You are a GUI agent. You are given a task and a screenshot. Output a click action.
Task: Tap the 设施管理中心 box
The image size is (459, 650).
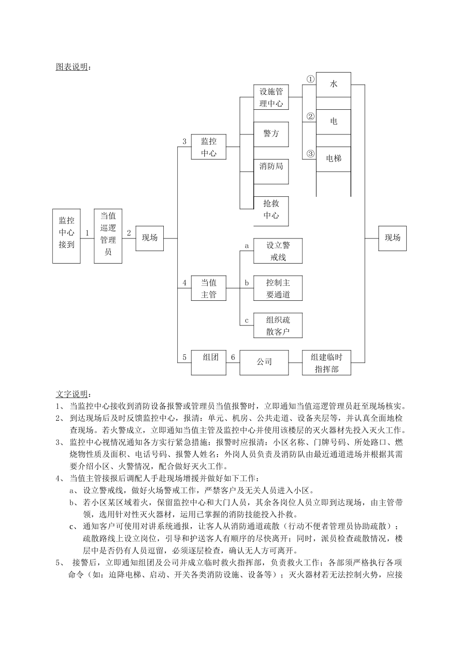coord(271,97)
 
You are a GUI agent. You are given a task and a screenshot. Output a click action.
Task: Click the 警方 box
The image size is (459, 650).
coord(271,134)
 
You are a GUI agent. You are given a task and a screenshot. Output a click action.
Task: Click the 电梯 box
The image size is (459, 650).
coord(333,159)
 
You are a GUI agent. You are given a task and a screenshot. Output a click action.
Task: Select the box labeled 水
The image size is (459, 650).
coord(333,84)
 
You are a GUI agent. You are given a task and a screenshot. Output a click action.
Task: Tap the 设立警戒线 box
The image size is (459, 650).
coord(278,251)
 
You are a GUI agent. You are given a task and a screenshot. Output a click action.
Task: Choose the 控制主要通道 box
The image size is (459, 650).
coord(278,288)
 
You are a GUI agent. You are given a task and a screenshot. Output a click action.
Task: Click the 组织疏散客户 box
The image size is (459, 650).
coord(278,325)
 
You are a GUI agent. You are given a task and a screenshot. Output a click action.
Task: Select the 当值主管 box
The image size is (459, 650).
coord(209,288)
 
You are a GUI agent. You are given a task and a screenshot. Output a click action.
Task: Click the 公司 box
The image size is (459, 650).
coord(264,362)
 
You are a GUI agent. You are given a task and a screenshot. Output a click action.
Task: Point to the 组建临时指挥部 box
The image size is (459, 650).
coord(326,363)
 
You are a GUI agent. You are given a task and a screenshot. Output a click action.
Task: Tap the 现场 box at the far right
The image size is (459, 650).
coord(392,238)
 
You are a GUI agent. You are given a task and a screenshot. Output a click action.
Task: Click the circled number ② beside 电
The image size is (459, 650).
coord(311,116)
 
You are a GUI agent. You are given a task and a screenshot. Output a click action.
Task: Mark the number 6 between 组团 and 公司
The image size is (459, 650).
coord(233,357)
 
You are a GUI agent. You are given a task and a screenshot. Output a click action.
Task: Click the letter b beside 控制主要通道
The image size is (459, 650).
coord(246,283)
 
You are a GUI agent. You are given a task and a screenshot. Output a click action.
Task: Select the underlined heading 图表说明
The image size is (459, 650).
coord(72,67)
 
